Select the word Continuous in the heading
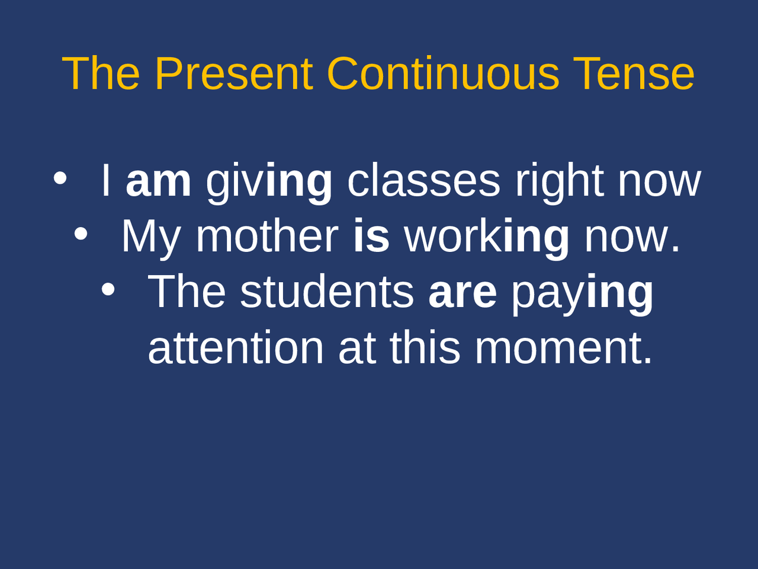click(x=443, y=73)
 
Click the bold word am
click(x=158, y=181)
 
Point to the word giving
click(x=269, y=182)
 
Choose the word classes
click(x=423, y=181)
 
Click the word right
click(x=559, y=181)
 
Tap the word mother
click(x=267, y=236)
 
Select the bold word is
click(x=371, y=236)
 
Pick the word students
click(x=327, y=292)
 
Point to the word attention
click(x=236, y=348)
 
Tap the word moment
click(x=563, y=348)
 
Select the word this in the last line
click(x=425, y=348)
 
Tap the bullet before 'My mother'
click(x=81, y=234)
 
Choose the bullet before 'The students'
click(x=108, y=289)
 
